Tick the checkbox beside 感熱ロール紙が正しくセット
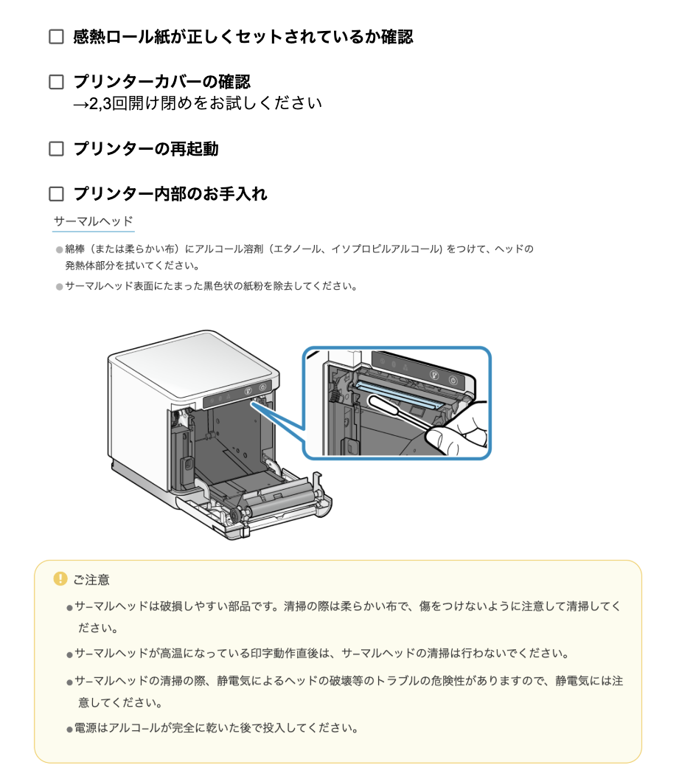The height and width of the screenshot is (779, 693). tap(56, 37)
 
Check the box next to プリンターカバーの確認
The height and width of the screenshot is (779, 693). tap(56, 82)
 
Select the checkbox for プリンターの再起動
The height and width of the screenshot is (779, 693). tap(56, 149)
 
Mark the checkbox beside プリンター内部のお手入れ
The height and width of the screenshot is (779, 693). tap(56, 194)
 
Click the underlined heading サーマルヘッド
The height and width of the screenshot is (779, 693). tap(93, 221)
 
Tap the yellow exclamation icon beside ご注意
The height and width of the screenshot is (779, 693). tap(60, 579)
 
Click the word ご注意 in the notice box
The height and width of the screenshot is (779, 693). tap(91, 580)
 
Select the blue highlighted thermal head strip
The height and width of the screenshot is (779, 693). tap(398, 392)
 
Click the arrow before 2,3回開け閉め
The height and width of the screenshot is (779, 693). tap(80, 103)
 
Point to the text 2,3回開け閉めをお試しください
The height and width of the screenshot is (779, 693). tap(206, 103)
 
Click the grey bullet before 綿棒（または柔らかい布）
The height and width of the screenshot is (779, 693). tap(59, 249)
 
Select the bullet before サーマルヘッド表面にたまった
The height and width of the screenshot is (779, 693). tap(59, 286)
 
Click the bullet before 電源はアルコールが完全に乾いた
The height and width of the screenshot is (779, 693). tap(69, 730)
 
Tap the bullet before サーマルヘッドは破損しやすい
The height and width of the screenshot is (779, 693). tap(69, 608)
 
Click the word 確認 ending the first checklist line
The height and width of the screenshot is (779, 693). tap(397, 37)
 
